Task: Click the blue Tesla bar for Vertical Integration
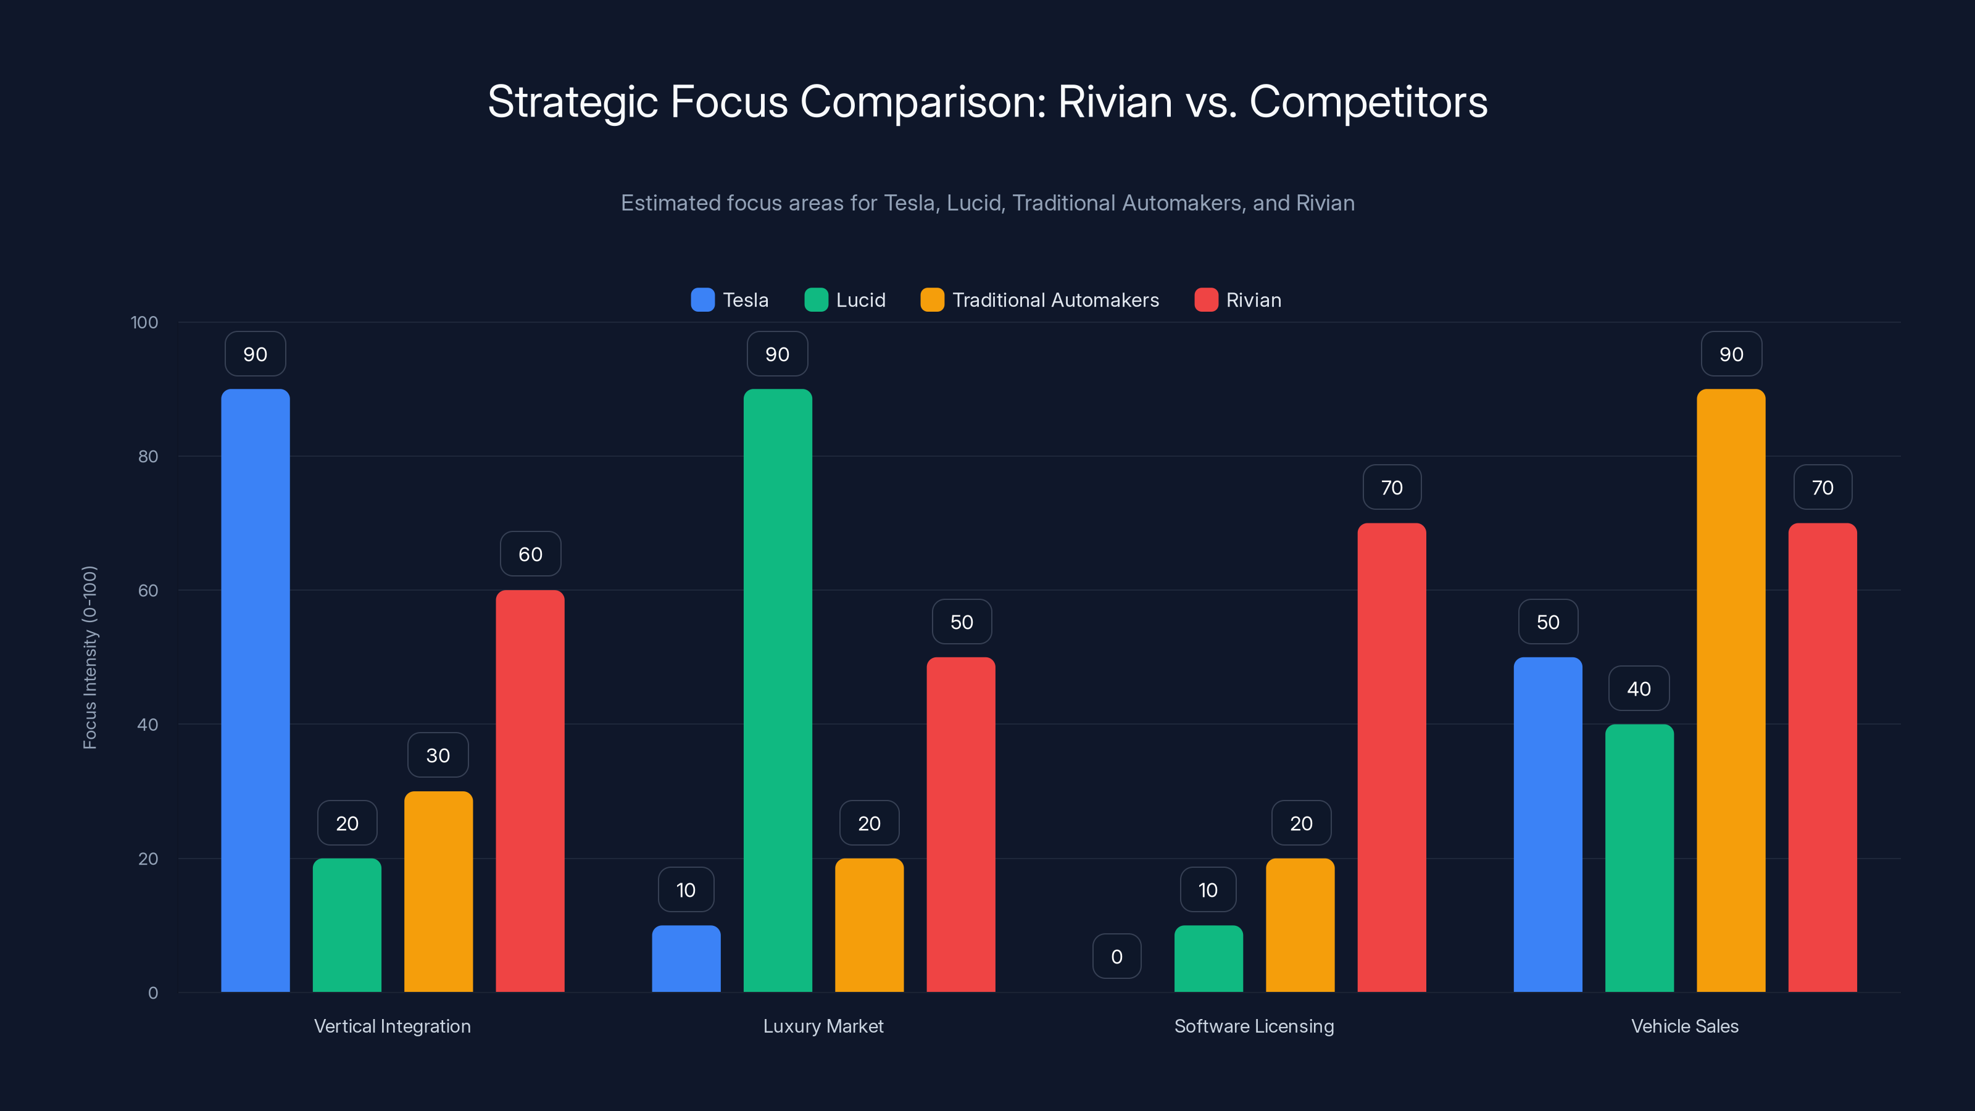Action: pyautogui.click(x=256, y=690)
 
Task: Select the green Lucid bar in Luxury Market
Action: pyautogui.click(x=778, y=690)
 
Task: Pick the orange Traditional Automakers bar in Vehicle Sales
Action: pyautogui.click(x=1731, y=690)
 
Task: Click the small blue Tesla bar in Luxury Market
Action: pyautogui.click(x=686, y=959)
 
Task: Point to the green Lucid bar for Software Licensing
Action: pyautogui.click(x=1208, y=959)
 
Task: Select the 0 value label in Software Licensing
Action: pyautogui.click(x=1116, y=956)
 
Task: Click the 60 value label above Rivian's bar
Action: pyautogui.click(x=531, y=554)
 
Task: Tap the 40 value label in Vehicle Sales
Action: pyautogui.click(x=1639, y=689)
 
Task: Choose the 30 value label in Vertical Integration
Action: pyautogui.click(x=438, y=755)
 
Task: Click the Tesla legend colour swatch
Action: pyautogui.click(x=702, y=300)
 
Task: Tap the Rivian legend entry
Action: pyautogui.click(x=1253, y=300)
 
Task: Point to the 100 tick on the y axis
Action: pyautogui.click(x=144, y=322)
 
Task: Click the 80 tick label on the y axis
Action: pyautogui.click(x=148, y=456)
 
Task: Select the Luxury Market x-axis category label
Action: pyautogui.click(x=823, y=1026)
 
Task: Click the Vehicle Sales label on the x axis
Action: pyautogui.click(x=1684, y=1026)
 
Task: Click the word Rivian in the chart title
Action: pyautogui.click(x=1115, y=102)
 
